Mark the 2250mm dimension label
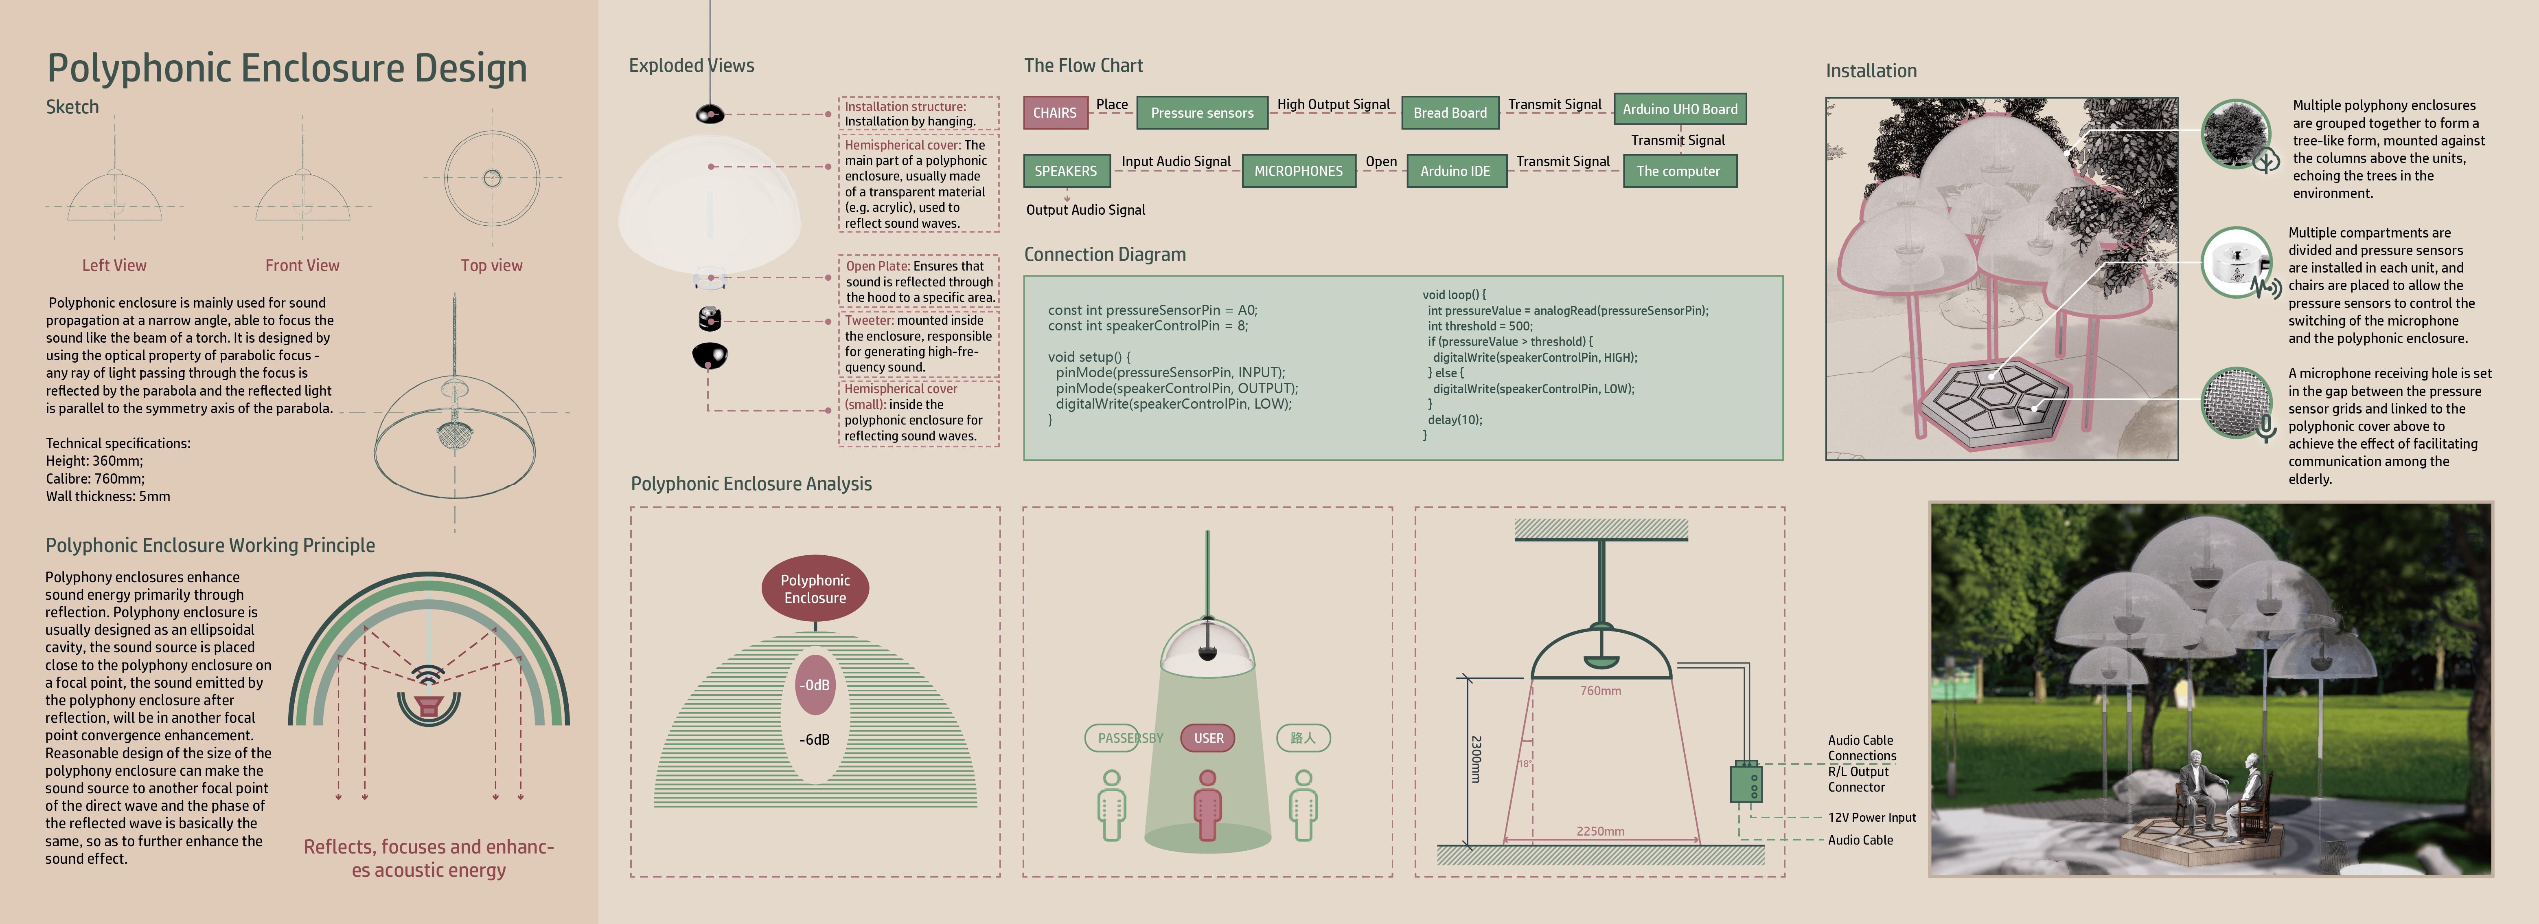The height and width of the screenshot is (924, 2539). [x=1600, y=831]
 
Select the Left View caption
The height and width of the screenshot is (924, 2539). [x=114, y=265]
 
